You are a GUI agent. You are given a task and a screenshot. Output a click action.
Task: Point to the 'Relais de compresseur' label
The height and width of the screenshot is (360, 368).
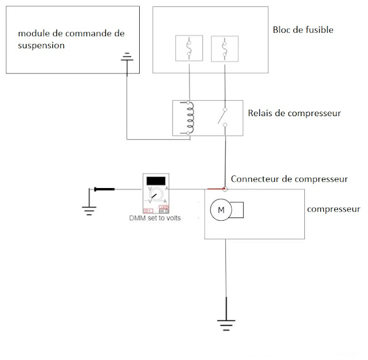pos(294,113)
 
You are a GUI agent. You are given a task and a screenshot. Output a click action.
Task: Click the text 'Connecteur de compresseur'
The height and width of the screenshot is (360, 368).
pos(289,179)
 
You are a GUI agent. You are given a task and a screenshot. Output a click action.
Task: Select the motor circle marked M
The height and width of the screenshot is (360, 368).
pos(220,211)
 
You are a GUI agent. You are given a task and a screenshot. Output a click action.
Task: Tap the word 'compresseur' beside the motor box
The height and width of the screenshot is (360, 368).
pos(334,209)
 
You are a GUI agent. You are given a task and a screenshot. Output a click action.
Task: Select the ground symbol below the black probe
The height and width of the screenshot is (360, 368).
pos(89,208)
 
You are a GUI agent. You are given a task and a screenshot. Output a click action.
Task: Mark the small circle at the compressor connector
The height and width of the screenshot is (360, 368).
pos(225,189)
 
